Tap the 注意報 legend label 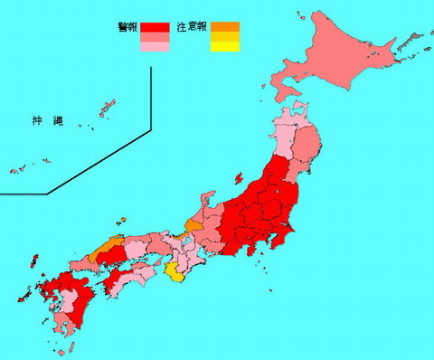click(193, 27)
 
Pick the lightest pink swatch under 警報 click(155, 48)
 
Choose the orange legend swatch click(226, 27)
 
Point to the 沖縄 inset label click(42, 118)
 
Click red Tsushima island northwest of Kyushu click(33, 262)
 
